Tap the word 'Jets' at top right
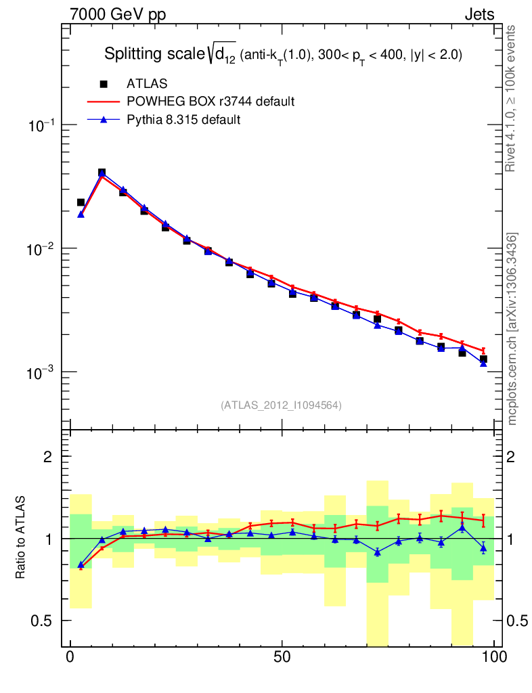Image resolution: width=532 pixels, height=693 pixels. [479, 15]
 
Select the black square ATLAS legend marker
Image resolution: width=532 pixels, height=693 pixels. [104, 84]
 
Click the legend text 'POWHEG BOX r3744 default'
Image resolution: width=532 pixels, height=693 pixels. [210, 102]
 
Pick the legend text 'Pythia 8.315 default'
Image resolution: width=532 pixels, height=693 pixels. [184, 120]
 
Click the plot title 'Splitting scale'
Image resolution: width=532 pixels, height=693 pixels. [153, 55]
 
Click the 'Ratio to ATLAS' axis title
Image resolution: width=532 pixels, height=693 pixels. [22, 539]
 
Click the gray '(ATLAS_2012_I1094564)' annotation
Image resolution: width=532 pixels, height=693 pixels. [281, 405]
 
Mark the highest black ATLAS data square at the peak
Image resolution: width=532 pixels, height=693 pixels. [102, 173]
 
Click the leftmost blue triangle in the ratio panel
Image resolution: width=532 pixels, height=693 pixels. [81, 564]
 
